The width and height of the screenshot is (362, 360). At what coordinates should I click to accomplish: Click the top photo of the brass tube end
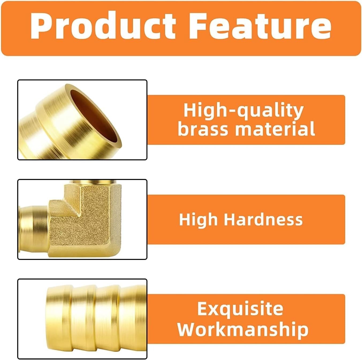point(82,120)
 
